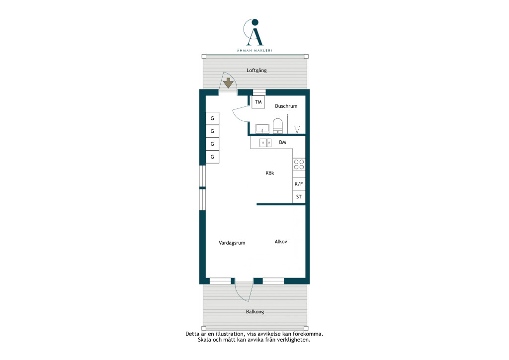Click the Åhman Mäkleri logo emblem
click(254, 32)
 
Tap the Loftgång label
click(256, 71)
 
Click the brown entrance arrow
click(228, 83)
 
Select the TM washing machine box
click(258, 102)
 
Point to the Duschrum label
click(286, 106)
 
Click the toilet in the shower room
click(278, 126)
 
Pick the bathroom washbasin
click(262, 129)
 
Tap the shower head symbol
click(297, 129)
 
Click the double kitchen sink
click(265, 143)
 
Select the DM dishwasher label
click(282, 142)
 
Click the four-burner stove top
click(299, 164)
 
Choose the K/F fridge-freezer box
click(299, 184)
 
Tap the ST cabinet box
click(299, 197)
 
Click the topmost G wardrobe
click(212, 118)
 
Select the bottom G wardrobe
click(212, 157)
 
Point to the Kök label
click(270, 173)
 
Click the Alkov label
click(281, 242)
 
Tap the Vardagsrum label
click(232, 243)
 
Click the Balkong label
click(255, 312)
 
